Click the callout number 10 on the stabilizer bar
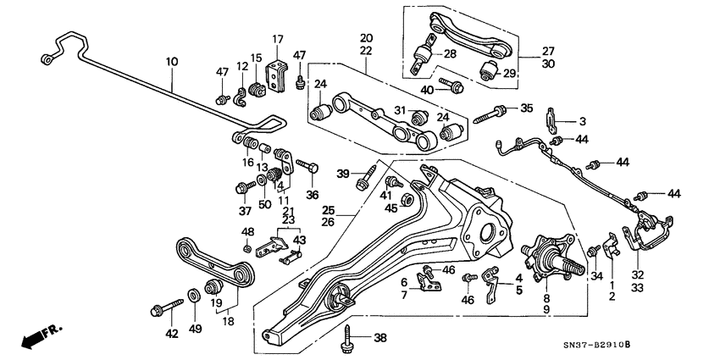(172, 62)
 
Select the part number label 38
(379, 338)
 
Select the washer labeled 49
(194, 296)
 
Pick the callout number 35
(527, 108)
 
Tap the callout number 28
(449, 54)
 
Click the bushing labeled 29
(490, 69)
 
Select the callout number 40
(428, 90)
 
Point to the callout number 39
(343, 174)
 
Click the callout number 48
(247, 233)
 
